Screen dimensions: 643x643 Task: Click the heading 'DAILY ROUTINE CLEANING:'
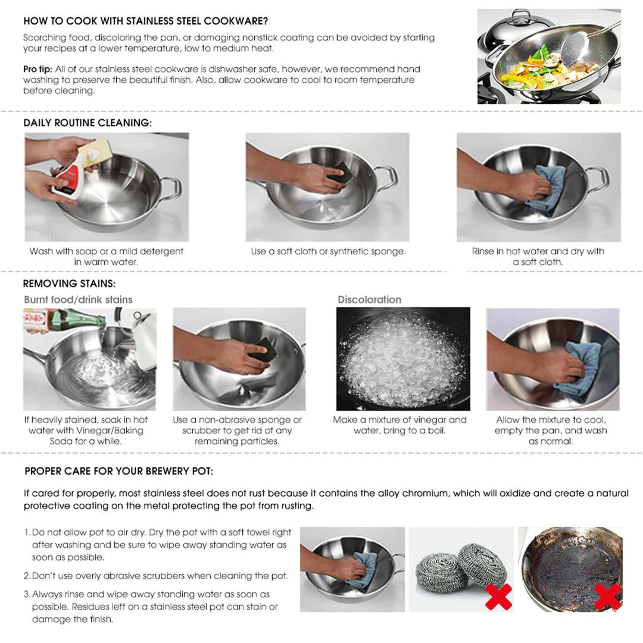[x=88, y=123]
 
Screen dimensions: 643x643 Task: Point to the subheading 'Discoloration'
[x=369, y=299]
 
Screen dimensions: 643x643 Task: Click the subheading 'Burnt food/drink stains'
[x=78, y=299]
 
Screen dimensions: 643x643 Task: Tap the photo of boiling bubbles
[x=403, y=358]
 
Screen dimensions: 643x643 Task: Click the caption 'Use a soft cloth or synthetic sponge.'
[x=328, y=251]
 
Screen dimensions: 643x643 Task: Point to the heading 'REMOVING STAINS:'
[x=69, y=284]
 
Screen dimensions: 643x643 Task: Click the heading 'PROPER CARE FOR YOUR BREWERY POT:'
[x=119, y=472]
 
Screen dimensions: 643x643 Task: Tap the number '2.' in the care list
[x=27, y=576]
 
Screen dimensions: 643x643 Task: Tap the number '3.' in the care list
[x=27, y=594]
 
